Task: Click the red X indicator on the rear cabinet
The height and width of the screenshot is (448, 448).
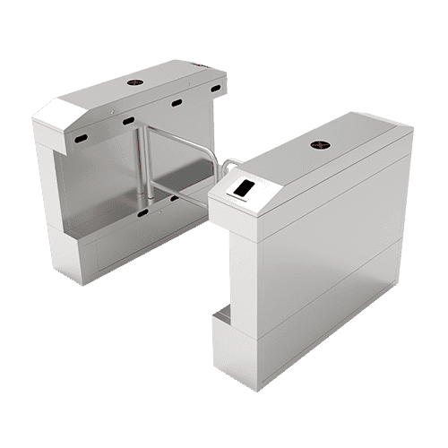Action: pos(134,81)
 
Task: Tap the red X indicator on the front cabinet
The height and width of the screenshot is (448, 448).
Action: pos(320,143)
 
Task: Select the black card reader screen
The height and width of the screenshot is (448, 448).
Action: pos(244,190)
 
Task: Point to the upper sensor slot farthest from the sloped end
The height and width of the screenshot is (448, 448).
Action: pos(215,89)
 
